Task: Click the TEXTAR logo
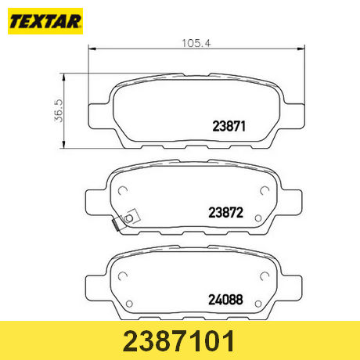[45, 21]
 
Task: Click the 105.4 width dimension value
[196, 43]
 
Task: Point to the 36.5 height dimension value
[59, 110]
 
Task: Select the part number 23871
[229, 126]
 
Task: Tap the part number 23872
[225, 213]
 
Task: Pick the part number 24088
[225, 300]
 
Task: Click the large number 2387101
[179, 341]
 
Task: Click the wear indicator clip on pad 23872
[126, 220]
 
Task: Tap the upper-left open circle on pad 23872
[123, 191]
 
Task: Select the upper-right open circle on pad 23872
[265, 191]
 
